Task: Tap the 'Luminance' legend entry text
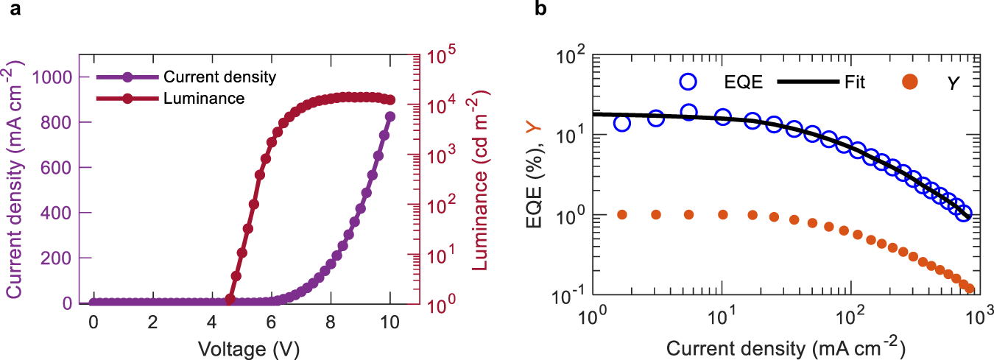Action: (x=204, y=97)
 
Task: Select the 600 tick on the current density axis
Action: (x=62, y=168)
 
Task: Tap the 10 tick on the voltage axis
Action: (x=390, y=322)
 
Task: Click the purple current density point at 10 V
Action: (x=390, y=116)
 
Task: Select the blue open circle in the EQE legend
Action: (x=688, y=82)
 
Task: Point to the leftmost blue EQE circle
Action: (x=622, y=123)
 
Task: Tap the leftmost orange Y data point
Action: (x=622, y=214)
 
